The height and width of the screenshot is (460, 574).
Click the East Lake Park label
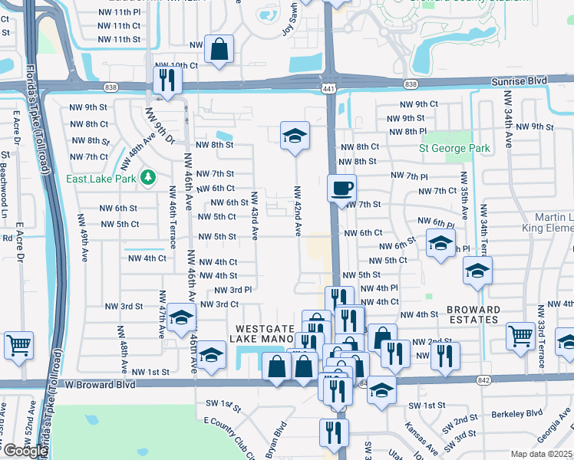[101, 179]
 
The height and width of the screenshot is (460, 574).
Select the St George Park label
[454, 148]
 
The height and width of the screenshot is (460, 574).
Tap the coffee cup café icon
[341, 186]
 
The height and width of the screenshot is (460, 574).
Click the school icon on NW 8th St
[295, 136]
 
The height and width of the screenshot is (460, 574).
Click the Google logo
[26, 451]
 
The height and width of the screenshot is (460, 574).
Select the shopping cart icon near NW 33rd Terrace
[520, 335]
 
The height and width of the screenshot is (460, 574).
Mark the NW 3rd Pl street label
[232, 290]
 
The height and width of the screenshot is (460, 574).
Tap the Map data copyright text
[542, 454]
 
